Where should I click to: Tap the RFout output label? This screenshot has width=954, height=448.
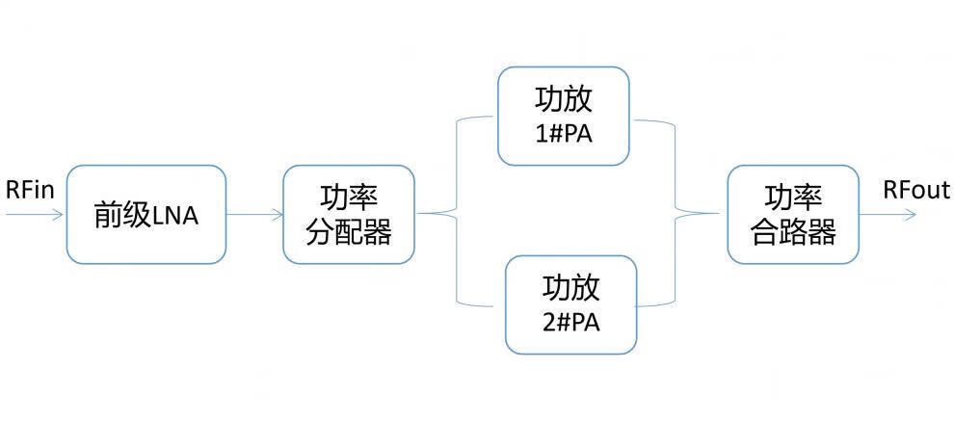click(916, 190)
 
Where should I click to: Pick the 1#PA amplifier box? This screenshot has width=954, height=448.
click(564, 116)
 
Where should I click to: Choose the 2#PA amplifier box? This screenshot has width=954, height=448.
click(571, 304)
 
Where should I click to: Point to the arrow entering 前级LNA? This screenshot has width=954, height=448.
click(35, 214)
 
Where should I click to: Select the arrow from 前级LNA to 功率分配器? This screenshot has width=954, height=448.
click(254, 214)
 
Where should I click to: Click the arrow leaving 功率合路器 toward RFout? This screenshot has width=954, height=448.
click(888, 214)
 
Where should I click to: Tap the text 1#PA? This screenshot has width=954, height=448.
click(564, 132)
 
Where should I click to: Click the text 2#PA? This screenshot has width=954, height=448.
click(571, 322)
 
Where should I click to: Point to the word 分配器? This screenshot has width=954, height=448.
click(349, 232)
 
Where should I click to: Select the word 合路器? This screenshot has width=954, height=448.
click(793, 232)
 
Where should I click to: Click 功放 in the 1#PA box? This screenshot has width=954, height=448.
click(564, 100)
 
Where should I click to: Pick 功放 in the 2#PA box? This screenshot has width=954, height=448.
click(571, 288)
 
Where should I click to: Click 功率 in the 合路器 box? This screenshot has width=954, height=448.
click(793, 198)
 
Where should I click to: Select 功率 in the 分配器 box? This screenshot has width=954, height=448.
click(349, 198)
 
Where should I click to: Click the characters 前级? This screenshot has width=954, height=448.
click(121, 215)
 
